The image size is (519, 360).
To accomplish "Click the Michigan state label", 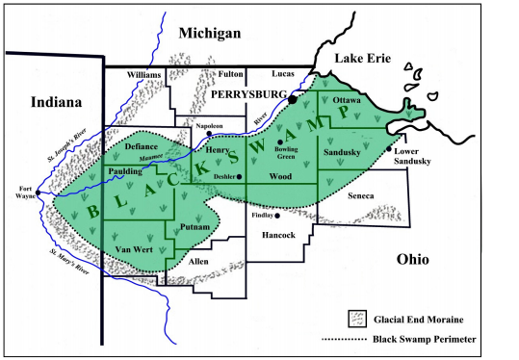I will click(208, 34).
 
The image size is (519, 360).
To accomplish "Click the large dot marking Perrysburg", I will click(292, 99).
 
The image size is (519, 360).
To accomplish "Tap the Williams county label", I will click(143, 74).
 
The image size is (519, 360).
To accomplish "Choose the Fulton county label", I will click(231, 74).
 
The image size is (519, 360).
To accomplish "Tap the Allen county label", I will click(197, 261).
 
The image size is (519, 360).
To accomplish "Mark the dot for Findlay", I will click(277, 216).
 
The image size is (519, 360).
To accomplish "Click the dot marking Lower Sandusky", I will click(389, 148).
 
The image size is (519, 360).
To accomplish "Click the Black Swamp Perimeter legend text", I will click(438, 339).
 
